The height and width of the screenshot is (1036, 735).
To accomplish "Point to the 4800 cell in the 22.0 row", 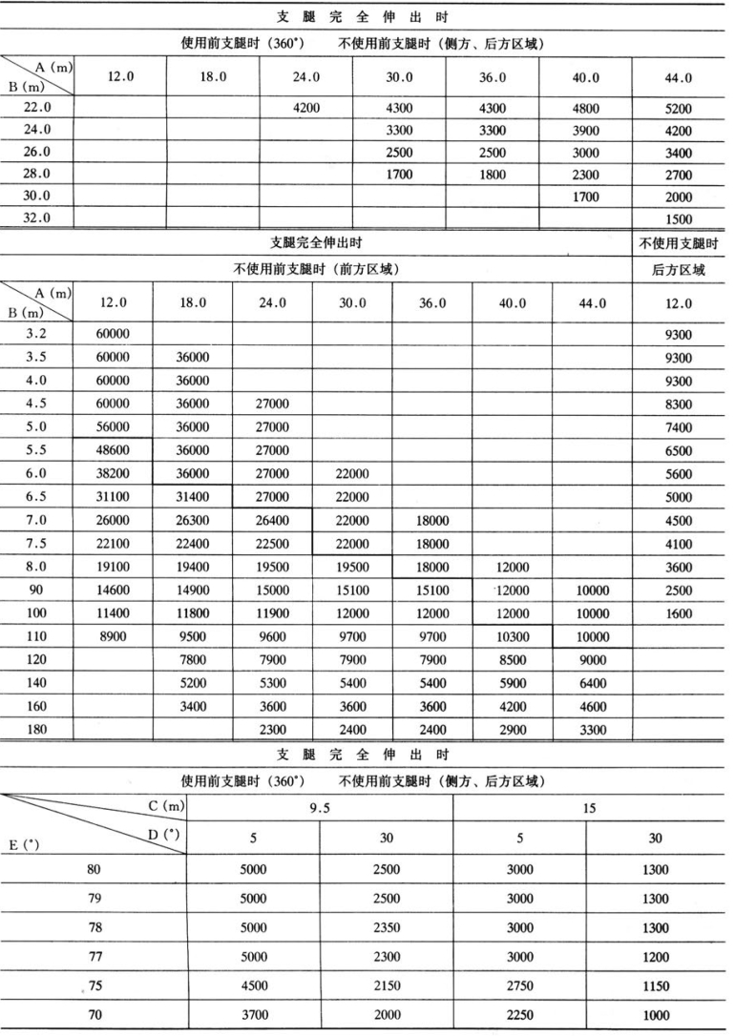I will click(x=585, y=108).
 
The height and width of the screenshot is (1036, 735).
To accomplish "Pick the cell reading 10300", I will click(x=513, y=635).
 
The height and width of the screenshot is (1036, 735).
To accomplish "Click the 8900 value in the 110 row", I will click(x=113, y=635).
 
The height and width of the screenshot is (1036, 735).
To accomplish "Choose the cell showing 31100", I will click(x=113, y=495).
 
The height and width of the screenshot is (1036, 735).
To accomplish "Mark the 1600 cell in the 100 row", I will click(x=678, y=612).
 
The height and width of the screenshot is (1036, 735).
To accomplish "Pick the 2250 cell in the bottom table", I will click(x=518, y=1015).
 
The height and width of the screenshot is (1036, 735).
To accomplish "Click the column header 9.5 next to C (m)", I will click(x=319, y=807).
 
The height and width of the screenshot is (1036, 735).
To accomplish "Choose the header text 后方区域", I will click(x=678, y=270).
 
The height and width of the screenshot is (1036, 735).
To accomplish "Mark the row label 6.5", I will click(x=36, y=495).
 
